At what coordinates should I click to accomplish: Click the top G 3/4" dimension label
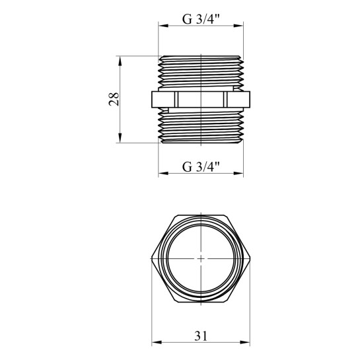point(201,19)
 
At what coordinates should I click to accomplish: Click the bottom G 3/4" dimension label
point(201,166)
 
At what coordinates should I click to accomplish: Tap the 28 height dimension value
point(114,99)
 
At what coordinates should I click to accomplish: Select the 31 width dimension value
point(201,336)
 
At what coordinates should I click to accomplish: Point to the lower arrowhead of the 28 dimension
point(120,138)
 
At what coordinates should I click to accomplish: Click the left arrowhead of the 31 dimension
point(157,342)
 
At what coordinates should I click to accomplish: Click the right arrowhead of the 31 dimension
point(245,342)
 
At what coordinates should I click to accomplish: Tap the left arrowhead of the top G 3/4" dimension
point(163,26)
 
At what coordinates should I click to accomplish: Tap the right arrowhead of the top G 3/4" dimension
point(238,26)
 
